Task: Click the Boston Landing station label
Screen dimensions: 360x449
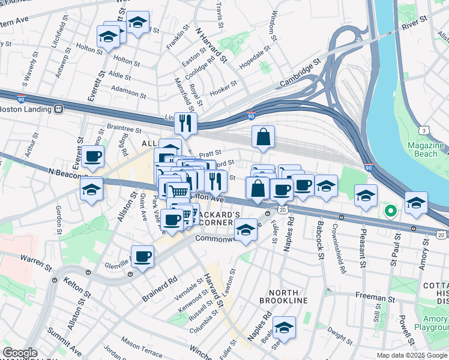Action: point(26,110)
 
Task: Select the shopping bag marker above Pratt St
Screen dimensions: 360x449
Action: point(263,137)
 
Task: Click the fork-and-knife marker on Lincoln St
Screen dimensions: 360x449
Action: point(186,123)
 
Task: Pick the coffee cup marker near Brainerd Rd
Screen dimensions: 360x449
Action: point(142,257)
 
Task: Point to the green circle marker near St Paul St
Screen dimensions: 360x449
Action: point(390,211)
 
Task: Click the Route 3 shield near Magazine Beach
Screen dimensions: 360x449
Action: point(424,130)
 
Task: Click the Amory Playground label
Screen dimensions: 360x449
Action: point(432,322)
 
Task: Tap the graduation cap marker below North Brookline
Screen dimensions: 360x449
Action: point(285,327)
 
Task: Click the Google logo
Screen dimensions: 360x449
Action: point(20,353)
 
